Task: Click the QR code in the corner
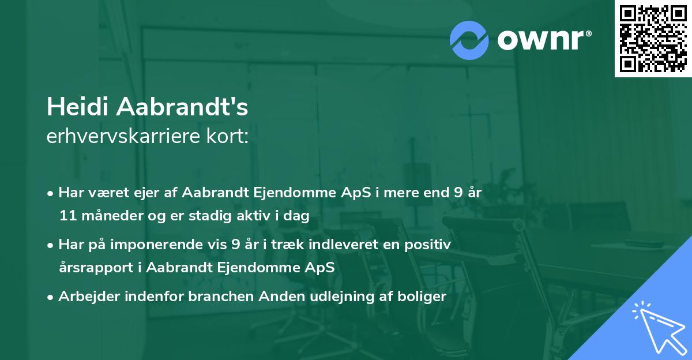[653, 39]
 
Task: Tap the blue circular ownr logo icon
[469, 40]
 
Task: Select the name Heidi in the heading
[78, 107]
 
